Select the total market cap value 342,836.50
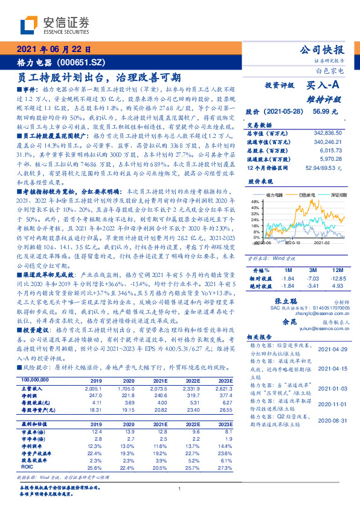[x=327, y=132]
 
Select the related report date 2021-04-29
[x=330, y=348]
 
